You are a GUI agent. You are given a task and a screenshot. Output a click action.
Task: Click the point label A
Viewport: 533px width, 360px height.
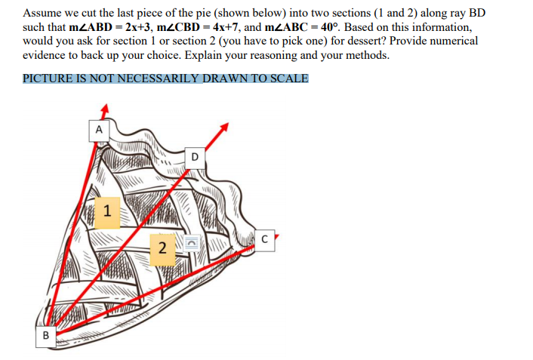point(99,131)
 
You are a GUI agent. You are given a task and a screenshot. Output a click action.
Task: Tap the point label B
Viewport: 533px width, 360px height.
point(46,337)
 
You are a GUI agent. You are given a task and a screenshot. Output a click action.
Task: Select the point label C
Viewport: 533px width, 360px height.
point(264,240)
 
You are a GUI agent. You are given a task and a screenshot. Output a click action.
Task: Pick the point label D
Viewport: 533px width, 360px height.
point(195,158)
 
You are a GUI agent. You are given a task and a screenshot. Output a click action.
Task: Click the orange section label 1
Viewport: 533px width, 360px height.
point(107,213)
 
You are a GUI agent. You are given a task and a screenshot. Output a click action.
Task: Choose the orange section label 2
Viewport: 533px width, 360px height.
point(162,249)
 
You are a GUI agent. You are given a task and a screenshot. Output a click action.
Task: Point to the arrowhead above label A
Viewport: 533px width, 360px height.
point(105,108)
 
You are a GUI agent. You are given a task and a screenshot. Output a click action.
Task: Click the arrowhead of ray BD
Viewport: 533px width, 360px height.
point(223,128)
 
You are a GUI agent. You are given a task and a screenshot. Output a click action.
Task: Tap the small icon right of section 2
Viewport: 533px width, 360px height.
point(191,243)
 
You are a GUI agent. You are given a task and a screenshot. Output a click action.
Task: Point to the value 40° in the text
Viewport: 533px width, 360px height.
point(330,27)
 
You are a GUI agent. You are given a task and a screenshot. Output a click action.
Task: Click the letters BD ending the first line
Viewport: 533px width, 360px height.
point(477,13)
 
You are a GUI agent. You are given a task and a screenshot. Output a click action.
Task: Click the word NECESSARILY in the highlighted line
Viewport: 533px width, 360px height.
point(158,78)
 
